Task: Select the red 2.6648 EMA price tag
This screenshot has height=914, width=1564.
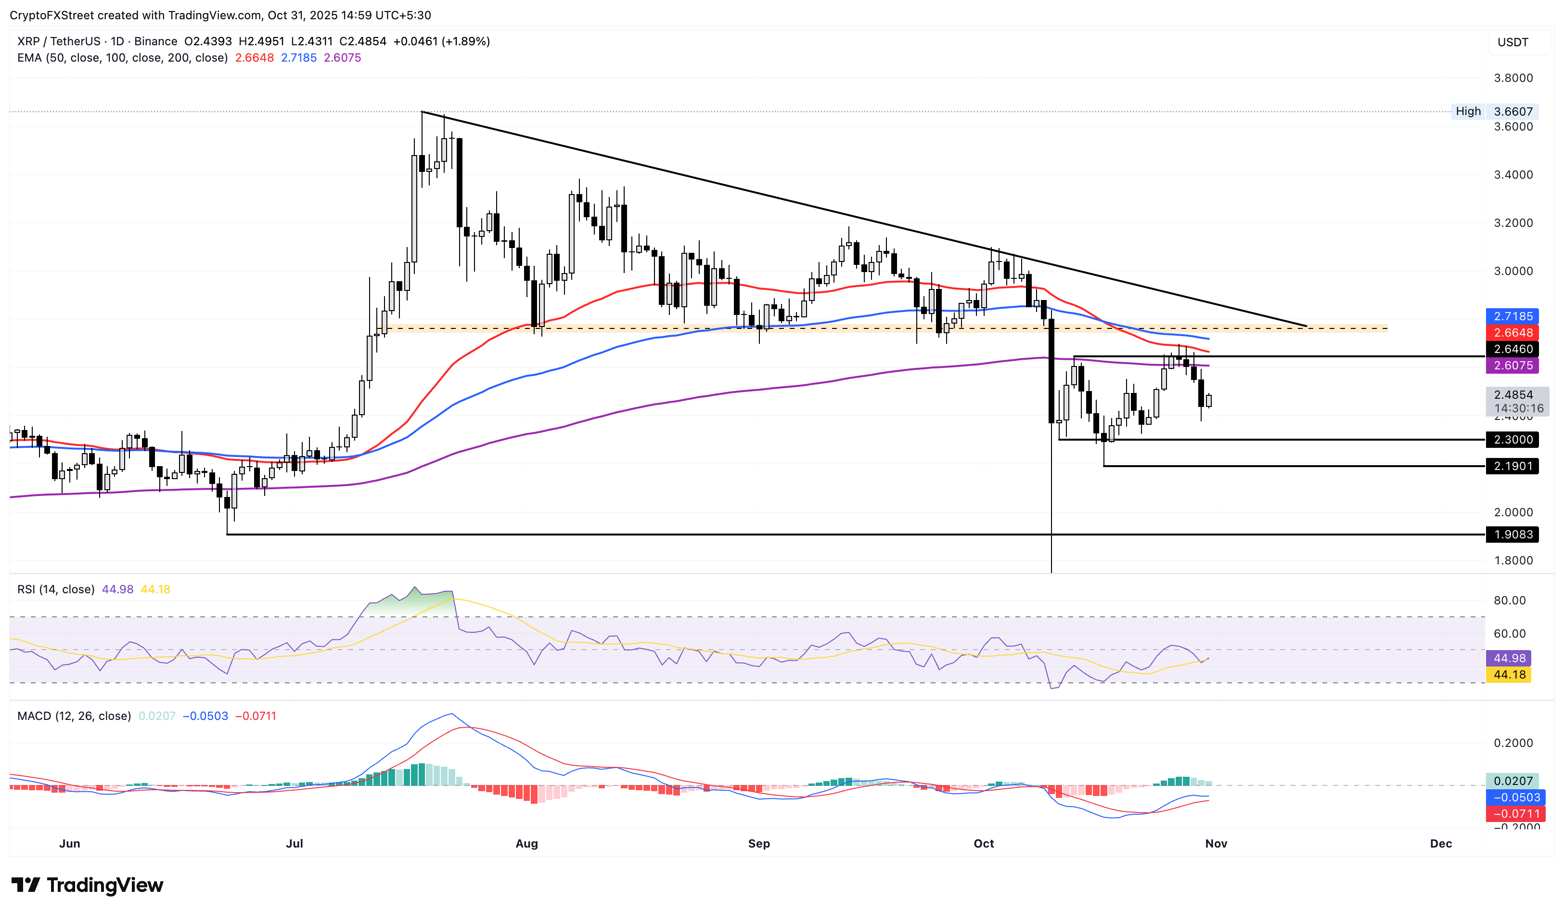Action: (1513, 333)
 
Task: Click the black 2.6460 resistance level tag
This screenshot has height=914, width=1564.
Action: (1513, 349)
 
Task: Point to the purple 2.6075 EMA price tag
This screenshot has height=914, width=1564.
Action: (1513, 366)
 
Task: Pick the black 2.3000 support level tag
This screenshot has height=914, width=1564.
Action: (1513, 440)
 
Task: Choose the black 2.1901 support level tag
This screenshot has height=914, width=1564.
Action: (1513, 466)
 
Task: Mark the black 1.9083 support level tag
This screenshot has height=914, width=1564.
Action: (1513, 534)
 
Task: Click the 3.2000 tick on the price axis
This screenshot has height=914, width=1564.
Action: (1513, 223)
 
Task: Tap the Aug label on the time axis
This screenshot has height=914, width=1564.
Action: (526, 843)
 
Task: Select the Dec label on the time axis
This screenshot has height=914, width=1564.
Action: (1440, 843)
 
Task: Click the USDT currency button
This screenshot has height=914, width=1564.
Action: (1513, 42)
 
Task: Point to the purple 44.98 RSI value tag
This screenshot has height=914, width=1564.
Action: (1509, 658)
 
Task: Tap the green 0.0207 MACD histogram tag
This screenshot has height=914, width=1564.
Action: (1513, 781)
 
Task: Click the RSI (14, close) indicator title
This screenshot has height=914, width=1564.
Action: (56, 589)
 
